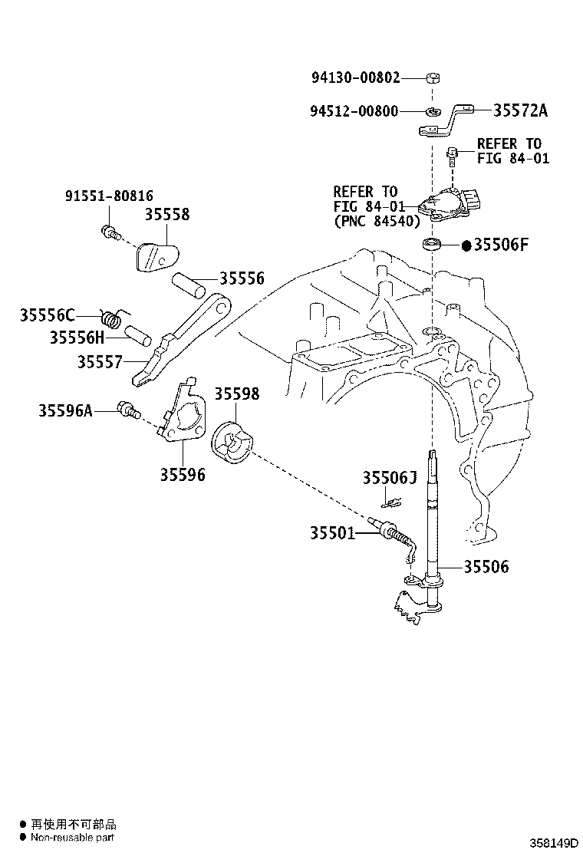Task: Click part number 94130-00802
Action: pyautogui.click(x=356, y=77)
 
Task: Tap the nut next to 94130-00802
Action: pyautogui.click(x=433, y=77)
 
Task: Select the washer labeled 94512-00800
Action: pyautogui.click(x=433, y=112)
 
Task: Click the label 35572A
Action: pyautogui.click(x=520, y=110)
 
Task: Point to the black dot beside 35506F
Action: pyautogui.click(x=466, y=245)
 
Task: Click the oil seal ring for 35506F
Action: pyautogui.click(x=433, y=244)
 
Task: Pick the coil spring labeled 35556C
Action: pyautogui.click(x=113, y=318)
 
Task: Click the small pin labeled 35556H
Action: pyautogui.click(x=137, y=335)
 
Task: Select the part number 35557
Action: pyautogui.click(x=100, y=362)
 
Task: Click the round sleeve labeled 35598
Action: pyautogui.click(x=232, y=443)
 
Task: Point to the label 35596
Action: pyautogui.click(x=183, y=475)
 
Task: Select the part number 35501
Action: pyautogui.click(x=332, y=533)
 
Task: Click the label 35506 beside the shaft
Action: pyautogui.click(x=486, y=567)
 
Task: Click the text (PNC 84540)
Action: pyautogui.click(x=377, y=222)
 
